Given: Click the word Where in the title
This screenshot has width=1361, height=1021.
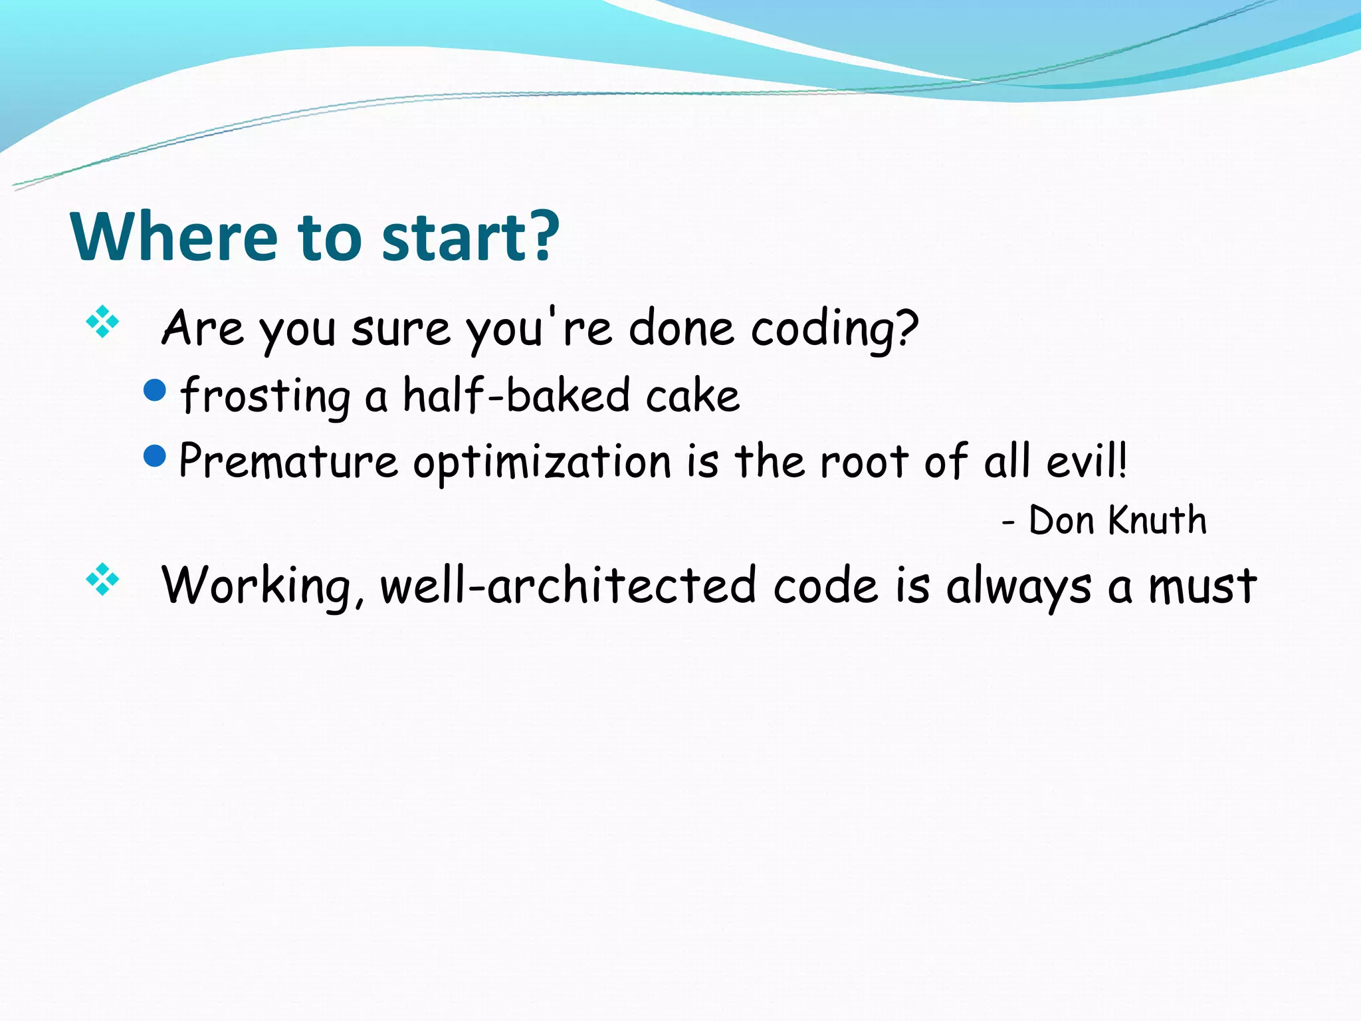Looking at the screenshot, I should [174, 237].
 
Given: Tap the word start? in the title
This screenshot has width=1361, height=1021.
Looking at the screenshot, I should [471, 237].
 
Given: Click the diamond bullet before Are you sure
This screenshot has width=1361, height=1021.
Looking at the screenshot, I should [102, 322].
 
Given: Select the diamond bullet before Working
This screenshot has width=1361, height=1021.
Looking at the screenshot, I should [102, 579].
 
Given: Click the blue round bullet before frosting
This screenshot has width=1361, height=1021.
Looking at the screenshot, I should [154, 390].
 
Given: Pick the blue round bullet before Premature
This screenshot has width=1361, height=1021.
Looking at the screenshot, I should [154, 456].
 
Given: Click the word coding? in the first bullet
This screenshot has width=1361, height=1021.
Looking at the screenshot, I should [835, 329].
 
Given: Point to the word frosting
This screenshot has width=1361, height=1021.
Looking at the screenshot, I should [265, 396].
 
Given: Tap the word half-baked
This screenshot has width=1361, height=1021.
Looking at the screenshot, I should [516, 395].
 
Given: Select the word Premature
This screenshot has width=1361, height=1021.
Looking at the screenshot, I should [288, 461].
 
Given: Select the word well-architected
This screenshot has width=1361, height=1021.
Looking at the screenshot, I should [568, 586].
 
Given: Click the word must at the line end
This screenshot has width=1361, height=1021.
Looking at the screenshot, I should [1203, 587].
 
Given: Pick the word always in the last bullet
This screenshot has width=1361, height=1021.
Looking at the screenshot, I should [1018, 587].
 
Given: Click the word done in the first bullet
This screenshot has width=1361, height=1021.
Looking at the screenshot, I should [681, 328].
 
